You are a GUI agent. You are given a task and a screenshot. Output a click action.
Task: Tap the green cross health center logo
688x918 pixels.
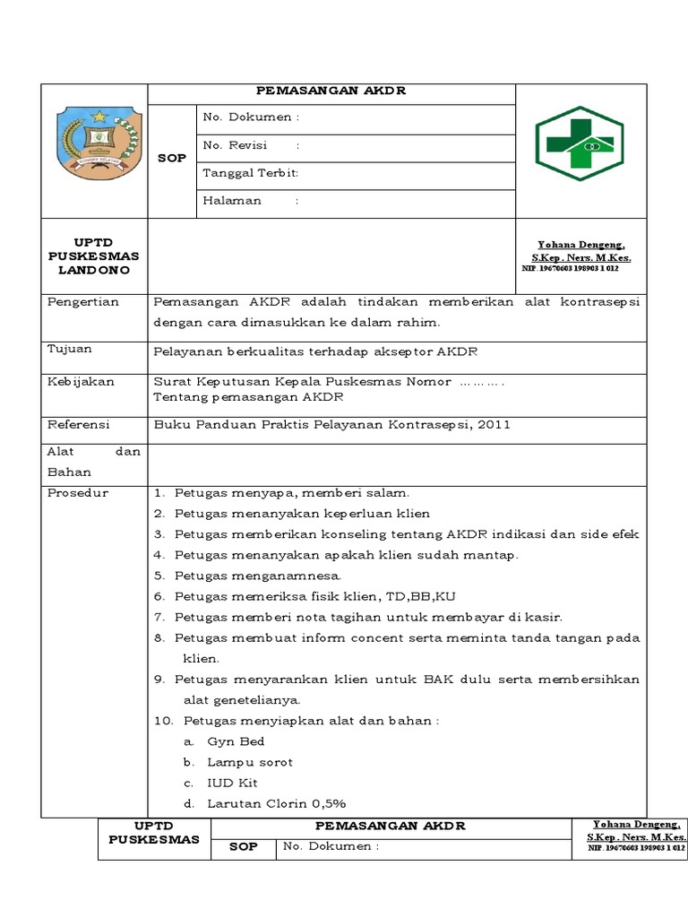[x=579, y=143]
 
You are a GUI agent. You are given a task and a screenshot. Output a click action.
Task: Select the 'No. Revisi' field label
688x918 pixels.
[x=236, y=145]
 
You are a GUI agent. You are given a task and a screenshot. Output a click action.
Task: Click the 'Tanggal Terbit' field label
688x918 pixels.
[x=250, y=173]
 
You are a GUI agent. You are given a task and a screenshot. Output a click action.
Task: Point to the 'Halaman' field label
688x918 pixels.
[x=232, y=201]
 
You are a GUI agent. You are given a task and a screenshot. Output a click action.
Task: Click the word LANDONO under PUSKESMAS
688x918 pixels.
[x=94, y=270]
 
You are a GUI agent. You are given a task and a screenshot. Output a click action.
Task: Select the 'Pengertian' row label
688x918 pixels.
[x=83, y=302]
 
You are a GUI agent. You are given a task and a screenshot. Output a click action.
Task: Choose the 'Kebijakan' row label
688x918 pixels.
[x=81, y=382]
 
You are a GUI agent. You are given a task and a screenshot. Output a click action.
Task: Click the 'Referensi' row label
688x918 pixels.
[x=78, y=424]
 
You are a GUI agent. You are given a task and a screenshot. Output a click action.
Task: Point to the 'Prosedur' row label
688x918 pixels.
[x=78, y=493]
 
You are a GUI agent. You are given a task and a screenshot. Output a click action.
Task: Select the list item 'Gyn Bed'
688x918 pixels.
[x=236, y=741]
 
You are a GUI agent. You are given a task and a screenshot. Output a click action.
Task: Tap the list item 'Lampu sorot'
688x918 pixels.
[x=250, y=762]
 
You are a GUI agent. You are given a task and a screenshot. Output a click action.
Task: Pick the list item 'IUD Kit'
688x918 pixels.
[x=232, y=783]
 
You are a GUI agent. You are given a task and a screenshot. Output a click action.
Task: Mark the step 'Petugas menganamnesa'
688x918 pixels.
[x=258, y=576]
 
